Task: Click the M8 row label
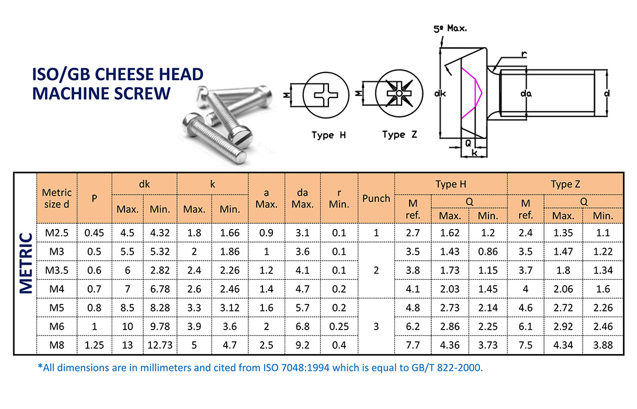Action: pyautogui.click(x=57, y=345)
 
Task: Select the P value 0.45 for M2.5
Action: pyautogui.click(x=94, y=233)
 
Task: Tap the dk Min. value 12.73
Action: pyautogui.click(x=160, y=345)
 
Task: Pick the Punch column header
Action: pyautogui.click(x=376, y=198)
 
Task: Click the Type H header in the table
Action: pyautogui.click(x=451, y=184)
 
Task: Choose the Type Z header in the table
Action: pyautogui.click(x=565, y=184)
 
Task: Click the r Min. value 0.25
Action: pyautogui.click(x=339, y=326)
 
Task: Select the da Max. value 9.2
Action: pyautogui.click(x=303, y=345)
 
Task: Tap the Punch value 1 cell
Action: pyautogui.click(x=376, y=233)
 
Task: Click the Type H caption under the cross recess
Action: pyautogui.click(x=328, y=135)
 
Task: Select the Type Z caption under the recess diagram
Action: pyautogui.click(x=400, y=134)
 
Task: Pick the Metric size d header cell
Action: pyautogui.click(x=57, y=198)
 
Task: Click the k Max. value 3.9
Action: pyautogui.click(x=194, y=326)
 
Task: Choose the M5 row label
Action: pyautogui.click(x=57, y=307)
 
